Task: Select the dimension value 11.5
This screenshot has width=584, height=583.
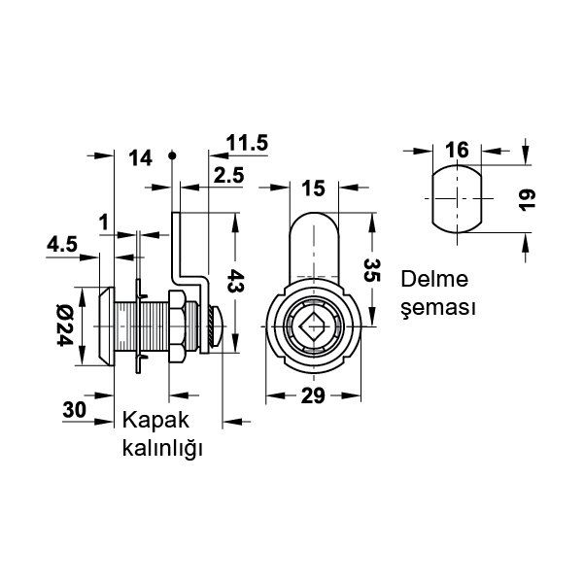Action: pos(247,143)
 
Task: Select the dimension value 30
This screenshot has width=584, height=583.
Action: pos(74,410)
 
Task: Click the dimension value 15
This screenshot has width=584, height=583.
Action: pos(312,187)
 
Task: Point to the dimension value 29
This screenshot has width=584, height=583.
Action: pos(312,395)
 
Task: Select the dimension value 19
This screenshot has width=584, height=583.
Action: pos(525,199)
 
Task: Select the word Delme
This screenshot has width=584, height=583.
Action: pos(435,279)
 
